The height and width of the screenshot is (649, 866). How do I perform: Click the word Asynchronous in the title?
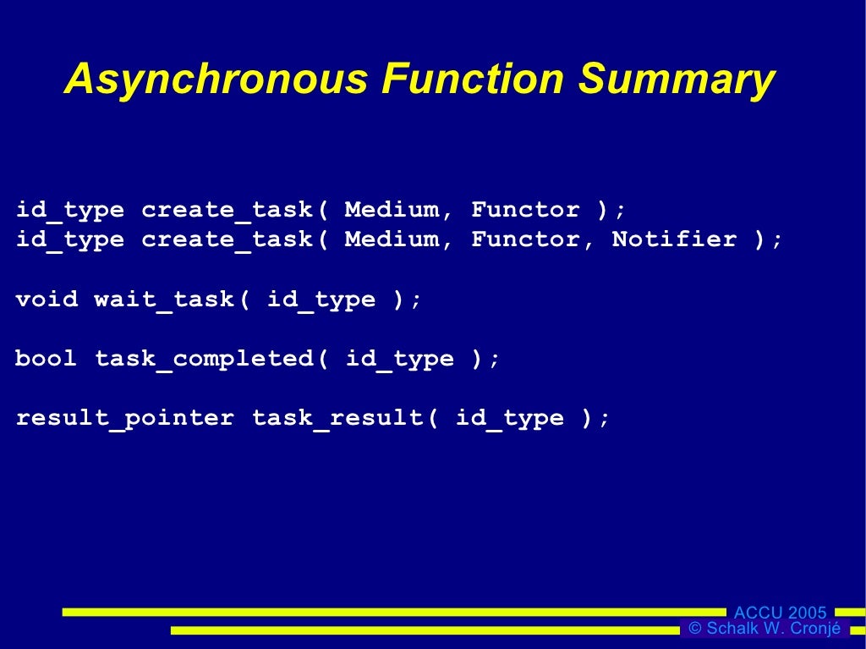[x=216, y=80]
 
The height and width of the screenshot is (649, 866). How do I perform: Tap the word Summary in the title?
[x=676, y=80]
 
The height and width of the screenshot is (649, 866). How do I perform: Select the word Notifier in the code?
[x=674, y=239]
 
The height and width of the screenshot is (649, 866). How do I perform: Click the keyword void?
[x=47, y=300]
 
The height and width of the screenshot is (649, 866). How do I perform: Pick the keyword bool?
[x=47, y=359]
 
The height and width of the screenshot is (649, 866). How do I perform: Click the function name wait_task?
[x=164, y=300]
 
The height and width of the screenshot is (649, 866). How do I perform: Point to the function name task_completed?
[x=204, y=359]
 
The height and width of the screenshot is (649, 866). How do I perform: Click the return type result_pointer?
[x=125, y=418]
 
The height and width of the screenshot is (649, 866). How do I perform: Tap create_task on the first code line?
[x=227, y=210]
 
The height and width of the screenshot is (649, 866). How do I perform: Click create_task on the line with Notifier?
[x=227, y=239]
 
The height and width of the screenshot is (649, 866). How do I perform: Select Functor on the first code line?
[x=525, y=210]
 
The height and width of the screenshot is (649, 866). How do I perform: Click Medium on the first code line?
[x=392, y=210]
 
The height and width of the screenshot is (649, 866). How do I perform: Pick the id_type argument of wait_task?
[x=321, y=300]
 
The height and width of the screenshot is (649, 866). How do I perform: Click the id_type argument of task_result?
[x=510, y=418]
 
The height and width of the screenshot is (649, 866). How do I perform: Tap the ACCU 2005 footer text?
[x=780, y=613]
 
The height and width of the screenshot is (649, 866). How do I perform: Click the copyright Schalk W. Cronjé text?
[x=765, y=629]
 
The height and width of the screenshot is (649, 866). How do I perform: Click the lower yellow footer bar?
[x=423, y=630]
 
